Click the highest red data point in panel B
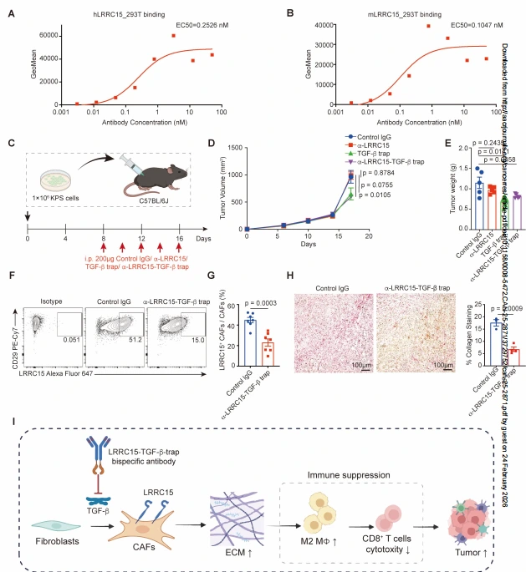point(428,26)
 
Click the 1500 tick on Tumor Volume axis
point(235,148)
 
